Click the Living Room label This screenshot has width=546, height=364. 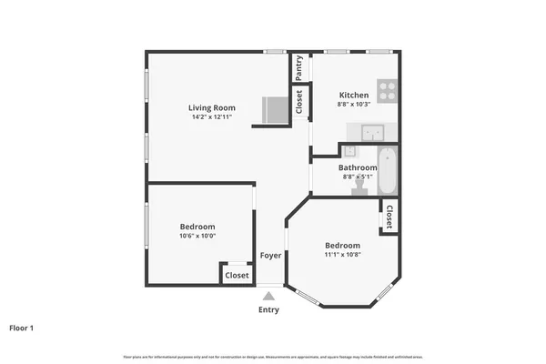211,107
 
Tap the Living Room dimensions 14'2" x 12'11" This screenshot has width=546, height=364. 211,117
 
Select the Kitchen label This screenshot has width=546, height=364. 354,95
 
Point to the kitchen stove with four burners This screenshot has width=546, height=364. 388,90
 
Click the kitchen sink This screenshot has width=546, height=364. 371,133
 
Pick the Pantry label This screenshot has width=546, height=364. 299,68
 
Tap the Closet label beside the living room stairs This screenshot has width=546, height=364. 299,101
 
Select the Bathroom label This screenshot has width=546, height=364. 358,167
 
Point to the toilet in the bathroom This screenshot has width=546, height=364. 359,187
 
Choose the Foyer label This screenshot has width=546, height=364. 270,256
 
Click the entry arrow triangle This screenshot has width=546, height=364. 268,295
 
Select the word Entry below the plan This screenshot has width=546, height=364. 268,310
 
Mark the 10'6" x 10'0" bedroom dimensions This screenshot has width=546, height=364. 197,237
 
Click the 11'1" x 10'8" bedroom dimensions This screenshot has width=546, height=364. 342,256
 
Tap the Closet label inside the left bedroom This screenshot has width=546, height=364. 237,275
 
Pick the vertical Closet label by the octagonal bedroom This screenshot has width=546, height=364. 389,217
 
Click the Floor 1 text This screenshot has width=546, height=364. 21,328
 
